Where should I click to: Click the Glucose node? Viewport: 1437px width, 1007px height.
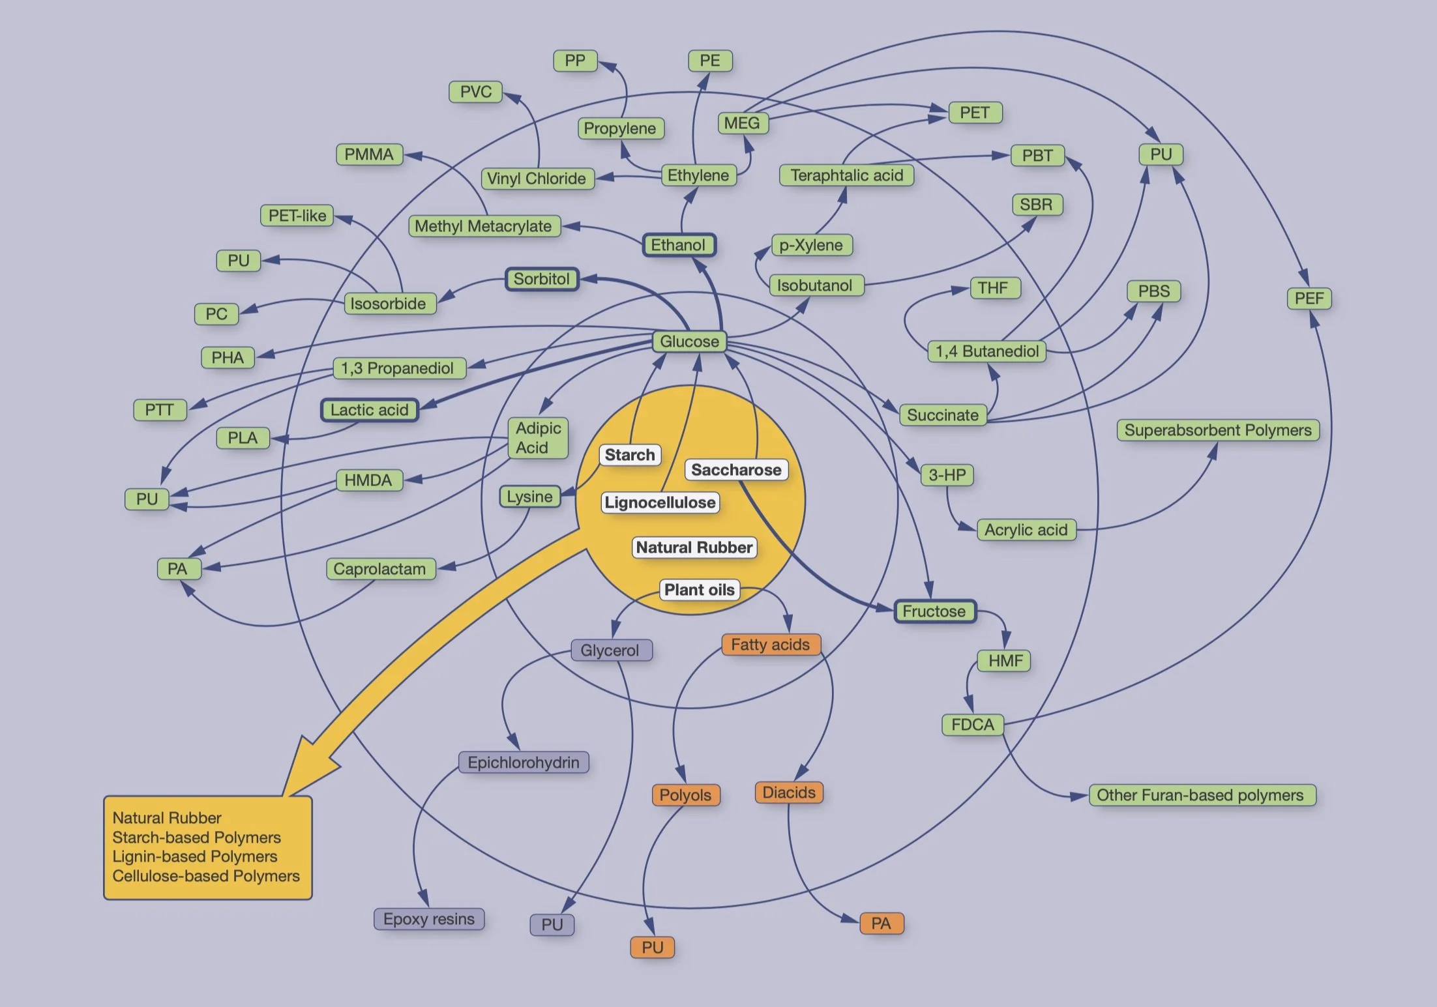click(689, 342)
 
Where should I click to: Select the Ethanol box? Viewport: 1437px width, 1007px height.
click(679, 245)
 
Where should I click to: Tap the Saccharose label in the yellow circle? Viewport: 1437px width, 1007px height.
click(736, 470)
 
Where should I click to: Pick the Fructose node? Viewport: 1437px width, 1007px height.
click(934, 611)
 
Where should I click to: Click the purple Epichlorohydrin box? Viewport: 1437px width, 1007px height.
click(524, 763)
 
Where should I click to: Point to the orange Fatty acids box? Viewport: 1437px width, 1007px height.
click(770, 645)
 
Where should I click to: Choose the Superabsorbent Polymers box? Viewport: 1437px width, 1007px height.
click(1217, 430)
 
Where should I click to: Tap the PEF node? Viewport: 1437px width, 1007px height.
click(1309, 299)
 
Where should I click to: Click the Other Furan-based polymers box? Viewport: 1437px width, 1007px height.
click(1201, 795)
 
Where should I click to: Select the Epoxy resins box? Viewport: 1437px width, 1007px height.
click(429, 919)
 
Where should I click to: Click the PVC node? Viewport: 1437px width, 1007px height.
click(476, 92)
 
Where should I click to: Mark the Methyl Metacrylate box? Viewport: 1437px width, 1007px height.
click(484, 226)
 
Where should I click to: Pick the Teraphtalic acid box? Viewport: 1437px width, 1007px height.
click(846, 175)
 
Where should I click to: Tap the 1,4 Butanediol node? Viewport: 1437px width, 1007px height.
click(987, 351)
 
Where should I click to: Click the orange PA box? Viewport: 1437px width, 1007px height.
click(881, 924)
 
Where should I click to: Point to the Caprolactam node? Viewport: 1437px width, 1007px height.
click(379, 569)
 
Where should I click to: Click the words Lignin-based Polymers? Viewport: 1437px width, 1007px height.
click(195, 856)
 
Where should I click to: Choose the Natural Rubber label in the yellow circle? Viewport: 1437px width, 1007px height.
click(694, 547)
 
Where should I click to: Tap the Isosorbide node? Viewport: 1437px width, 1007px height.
click(389, 304)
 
